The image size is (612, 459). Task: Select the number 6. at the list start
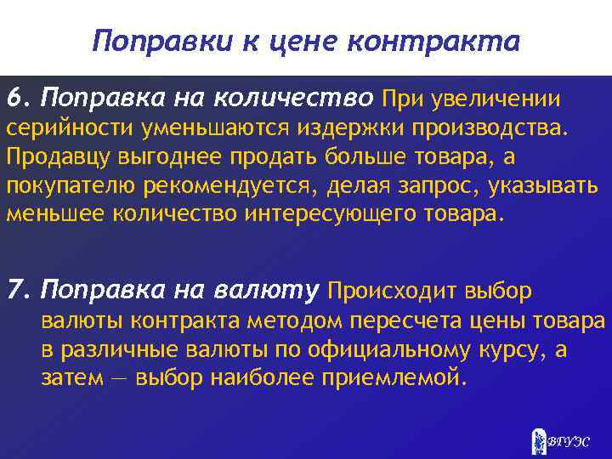(x=18, y=98)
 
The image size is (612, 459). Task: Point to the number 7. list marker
(x=18, y=292)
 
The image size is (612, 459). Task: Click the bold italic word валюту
(x=273, y=292)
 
